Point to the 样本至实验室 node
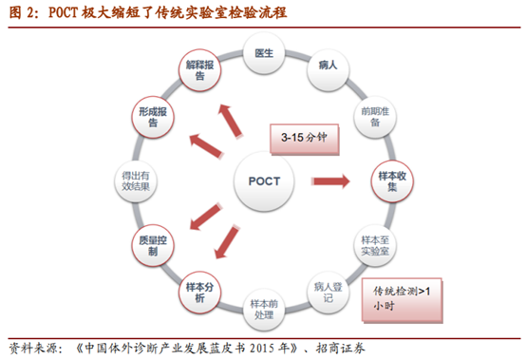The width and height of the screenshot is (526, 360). [x=372, y=244]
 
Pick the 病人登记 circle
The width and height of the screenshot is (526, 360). [x=327, y=289]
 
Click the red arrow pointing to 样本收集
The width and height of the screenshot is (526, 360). [x=327, y=180]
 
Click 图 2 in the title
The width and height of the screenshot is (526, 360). [x=21, y=13]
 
